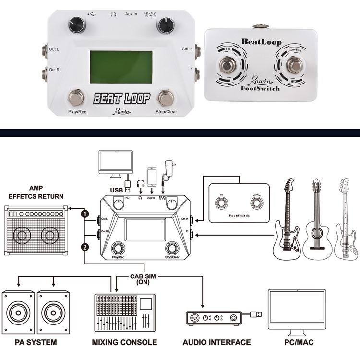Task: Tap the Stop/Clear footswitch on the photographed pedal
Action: tap(166, 97)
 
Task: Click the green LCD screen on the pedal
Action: tap(121, 67)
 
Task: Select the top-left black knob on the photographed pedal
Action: tap(77, 24)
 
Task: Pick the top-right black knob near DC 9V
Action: tap(166, 24)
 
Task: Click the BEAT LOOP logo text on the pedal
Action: tap(121, 98)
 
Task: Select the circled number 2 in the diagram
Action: tap(84, 247)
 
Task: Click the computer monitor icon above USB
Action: tap(115, 163)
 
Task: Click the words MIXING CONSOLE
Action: tap(124, 342)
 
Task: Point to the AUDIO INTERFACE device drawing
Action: tap(214, 318)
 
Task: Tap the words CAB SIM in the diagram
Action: tap(143, 276)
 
